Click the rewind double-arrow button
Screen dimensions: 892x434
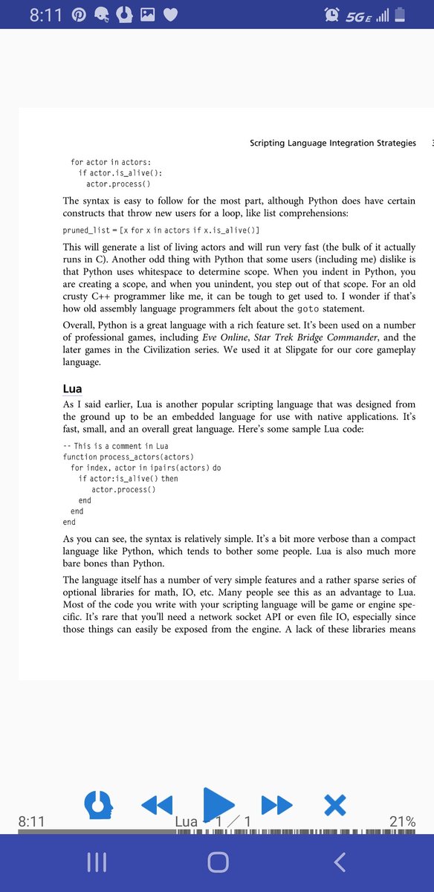click(x=156, y=804)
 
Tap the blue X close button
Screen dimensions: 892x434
click(x=335, y=804)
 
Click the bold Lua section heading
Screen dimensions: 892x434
click(x=72, y=389)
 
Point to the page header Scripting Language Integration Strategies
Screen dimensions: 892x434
click(x=333, y=143)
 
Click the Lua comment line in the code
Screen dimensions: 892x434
click(x=116, y=445)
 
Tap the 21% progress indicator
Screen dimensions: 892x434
click(x=402, y=821)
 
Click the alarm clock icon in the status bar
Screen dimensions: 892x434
click(x=332, y=15)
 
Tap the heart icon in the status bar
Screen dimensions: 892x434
click(x=170, y=15)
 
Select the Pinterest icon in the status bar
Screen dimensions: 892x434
click(x=79, y=15)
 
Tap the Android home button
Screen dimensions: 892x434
click(x=218, y=862)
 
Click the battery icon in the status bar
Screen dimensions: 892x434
click(x=399, y=15)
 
